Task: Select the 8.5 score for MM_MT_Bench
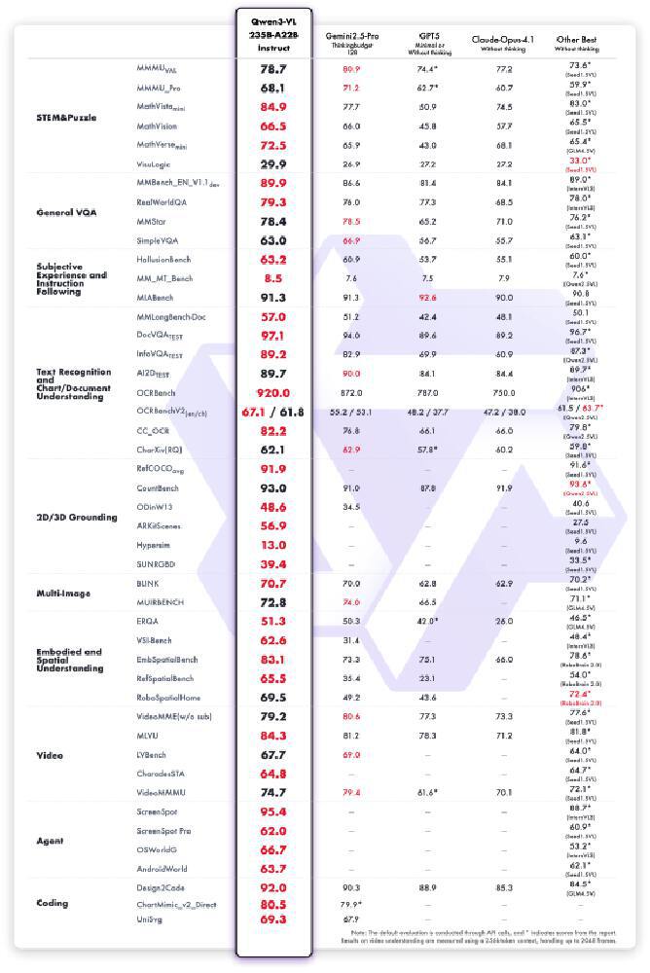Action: [x=273, y=278]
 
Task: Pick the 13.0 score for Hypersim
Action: [x=273, y=545]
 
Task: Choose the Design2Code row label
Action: [x=162, y=887]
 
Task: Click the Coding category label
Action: [x=52, y=903]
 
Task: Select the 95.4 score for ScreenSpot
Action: [x=273, y=811]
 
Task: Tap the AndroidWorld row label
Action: [x=163, y=868]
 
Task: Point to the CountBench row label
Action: [x=160, y=487]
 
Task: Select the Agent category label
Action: [x=50, y=840]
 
